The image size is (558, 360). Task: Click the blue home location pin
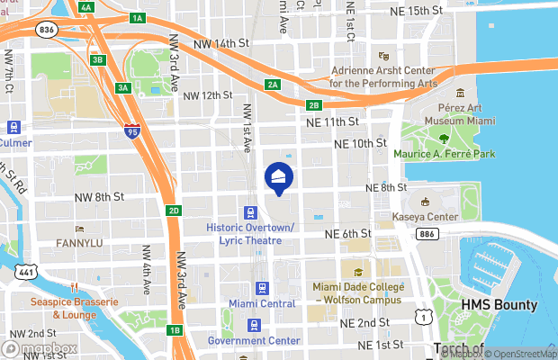(x=279, y=178)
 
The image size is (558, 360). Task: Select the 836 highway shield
(x=47, y=31)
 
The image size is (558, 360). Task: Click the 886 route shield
(x=427, y=234)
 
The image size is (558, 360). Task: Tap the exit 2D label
(x=175, y=211)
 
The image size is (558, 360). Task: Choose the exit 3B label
(x=99, y=60)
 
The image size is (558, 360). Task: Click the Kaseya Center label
(x=426, y=218)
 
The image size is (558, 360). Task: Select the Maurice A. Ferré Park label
(x=445, y=154)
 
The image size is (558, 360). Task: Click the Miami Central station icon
(x=261, y=288)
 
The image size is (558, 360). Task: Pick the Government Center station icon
(x=254, y=325)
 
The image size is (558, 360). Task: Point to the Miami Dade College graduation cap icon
(x=357, y=272)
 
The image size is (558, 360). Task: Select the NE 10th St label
(x=359, y=143)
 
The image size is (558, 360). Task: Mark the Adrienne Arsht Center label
(x=384, y=76)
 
